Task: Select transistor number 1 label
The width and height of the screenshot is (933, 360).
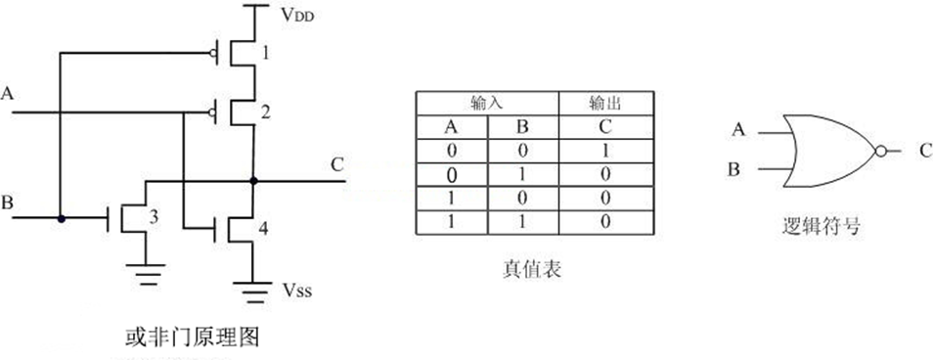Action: click(x=265, y=52)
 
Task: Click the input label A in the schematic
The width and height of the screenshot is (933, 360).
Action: click(x=9, y=94)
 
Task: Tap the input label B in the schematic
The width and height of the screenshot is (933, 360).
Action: click(x=8, y=203)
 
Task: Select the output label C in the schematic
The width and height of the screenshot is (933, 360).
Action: click(x=336, y=164)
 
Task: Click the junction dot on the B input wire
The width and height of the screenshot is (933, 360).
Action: click(x=61, y=219)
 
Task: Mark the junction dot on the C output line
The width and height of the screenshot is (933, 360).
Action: click(x=253, y=181)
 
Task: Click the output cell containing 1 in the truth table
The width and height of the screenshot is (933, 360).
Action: click(x=606, y=151)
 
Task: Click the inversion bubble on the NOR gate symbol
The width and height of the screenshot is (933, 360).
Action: click(x=881, y=151)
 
